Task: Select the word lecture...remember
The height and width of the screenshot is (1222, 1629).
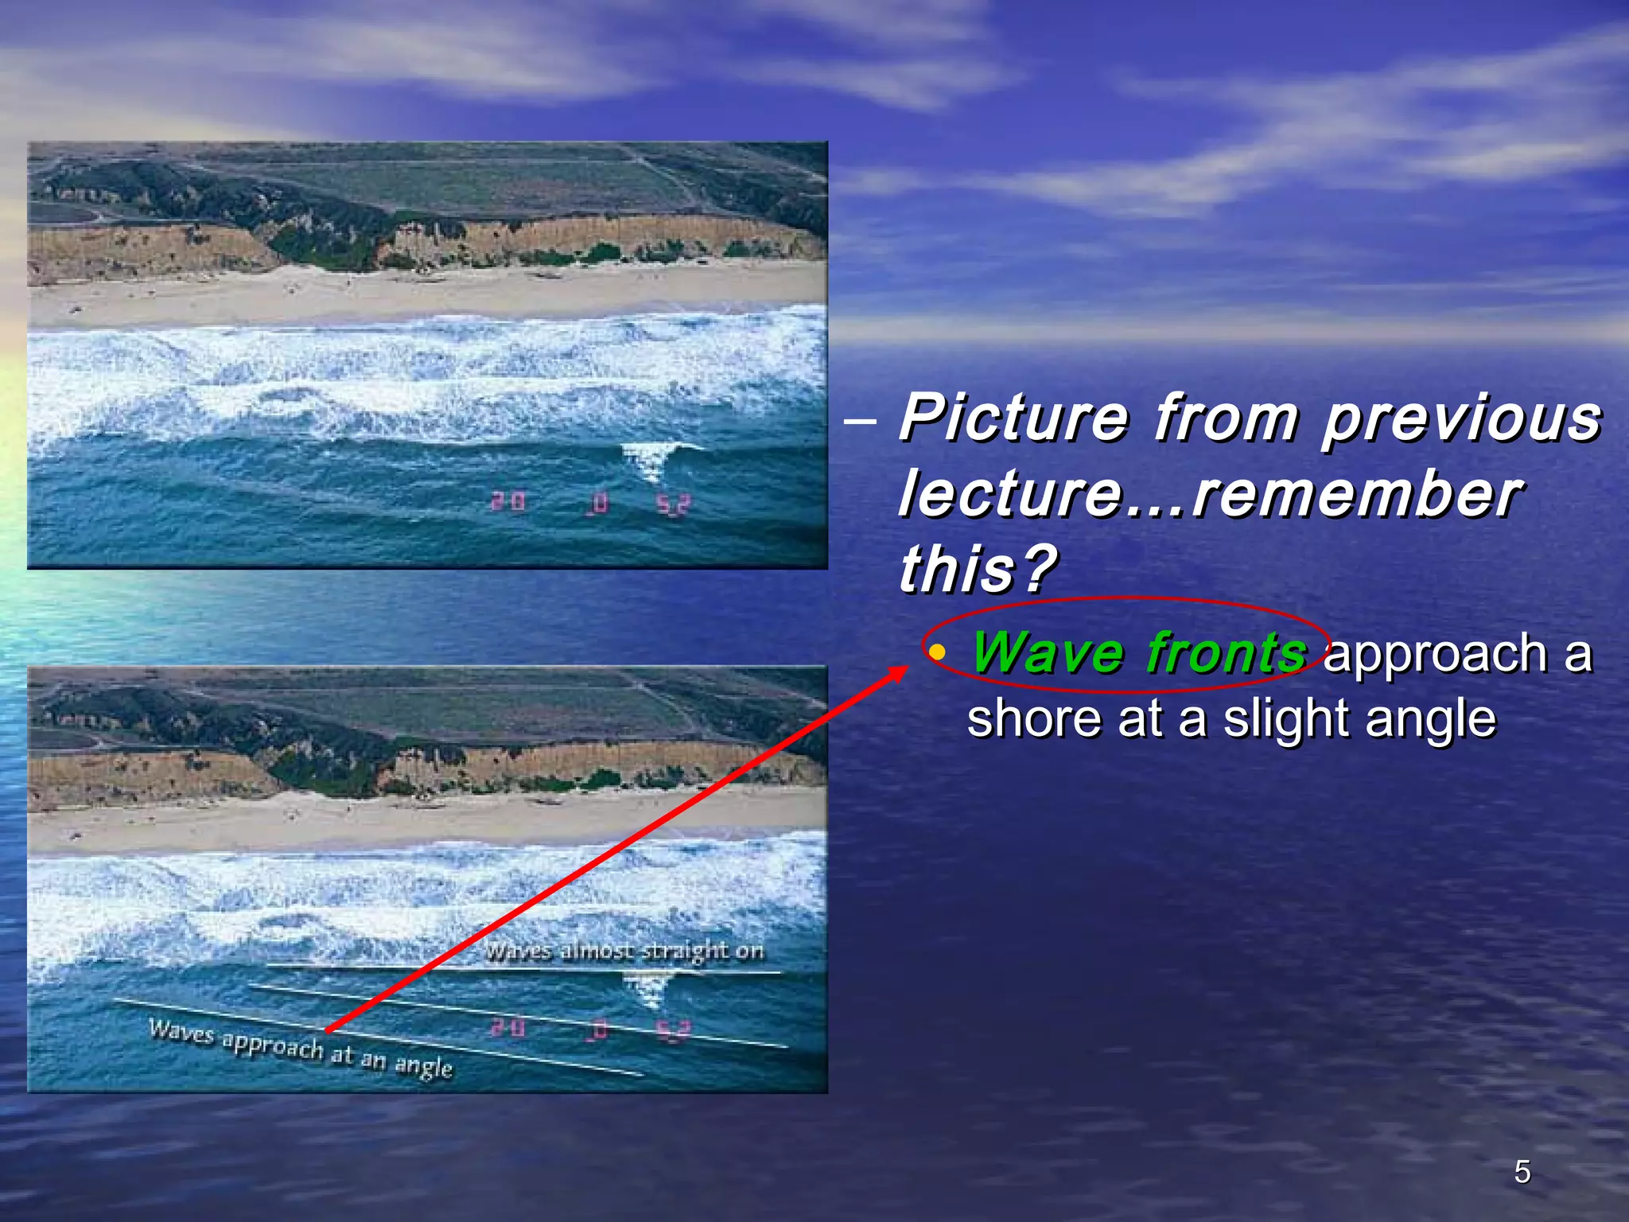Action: click(1209, 494)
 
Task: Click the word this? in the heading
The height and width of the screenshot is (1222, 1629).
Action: click(977, 569)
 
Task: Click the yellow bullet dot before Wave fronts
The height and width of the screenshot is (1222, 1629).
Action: click(939, 653)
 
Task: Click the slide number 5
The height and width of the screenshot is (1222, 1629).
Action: click(1522, 1172)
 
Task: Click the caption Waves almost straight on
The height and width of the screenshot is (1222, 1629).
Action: click(624, 951)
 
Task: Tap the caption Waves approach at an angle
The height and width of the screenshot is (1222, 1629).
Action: click(301, 1049)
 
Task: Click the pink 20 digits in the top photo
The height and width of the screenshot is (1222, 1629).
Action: click(507, 501)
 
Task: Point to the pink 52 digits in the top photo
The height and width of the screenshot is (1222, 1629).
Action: click(673, 504)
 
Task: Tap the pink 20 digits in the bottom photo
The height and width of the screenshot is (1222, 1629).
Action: click(507, 1028)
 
